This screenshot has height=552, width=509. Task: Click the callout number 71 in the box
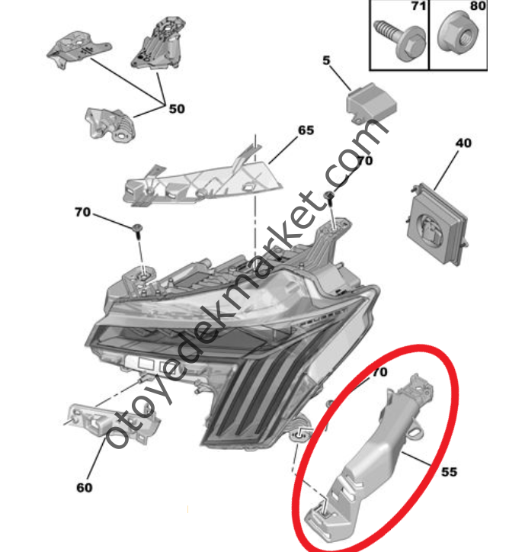click(418, 6)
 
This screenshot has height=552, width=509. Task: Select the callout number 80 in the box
click(478, 6)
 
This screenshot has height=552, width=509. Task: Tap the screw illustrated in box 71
click(399, 40)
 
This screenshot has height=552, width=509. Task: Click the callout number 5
click(326, 60)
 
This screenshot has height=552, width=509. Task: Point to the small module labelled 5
click(371, 103)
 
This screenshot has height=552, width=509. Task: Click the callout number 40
click(463, 143)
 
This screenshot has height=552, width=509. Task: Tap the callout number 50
click(177, 109)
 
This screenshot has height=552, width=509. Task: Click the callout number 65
click(306, 130)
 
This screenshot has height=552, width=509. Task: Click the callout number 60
click(85, 488)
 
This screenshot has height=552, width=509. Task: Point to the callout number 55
click(450, 472)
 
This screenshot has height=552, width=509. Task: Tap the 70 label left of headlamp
click(82, 212)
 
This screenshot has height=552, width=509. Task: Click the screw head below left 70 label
click(138, 228)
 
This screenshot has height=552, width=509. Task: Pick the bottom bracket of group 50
click(110, 124)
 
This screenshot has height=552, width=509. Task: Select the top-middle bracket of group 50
click(159, 43)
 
